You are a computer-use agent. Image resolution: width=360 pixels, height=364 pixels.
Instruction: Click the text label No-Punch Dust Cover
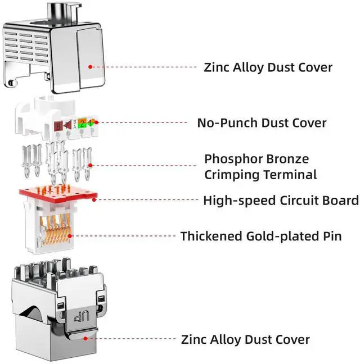[x=262, y=122]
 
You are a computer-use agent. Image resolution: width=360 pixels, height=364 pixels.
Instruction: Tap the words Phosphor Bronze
[x=256, y=159]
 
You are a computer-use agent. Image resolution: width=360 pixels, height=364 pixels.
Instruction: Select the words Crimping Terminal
[x=260, y=175]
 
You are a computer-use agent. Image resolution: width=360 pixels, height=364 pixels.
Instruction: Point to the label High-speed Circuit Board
[x=281, y=200]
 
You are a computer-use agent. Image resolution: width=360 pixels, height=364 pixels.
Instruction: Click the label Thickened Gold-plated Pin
[x=269, y=236]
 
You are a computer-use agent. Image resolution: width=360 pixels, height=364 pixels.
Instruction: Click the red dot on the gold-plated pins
[x=74, y=235]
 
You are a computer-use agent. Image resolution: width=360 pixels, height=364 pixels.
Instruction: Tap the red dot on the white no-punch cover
[x=96, y=122]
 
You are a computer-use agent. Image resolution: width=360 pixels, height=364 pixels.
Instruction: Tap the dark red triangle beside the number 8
[x=67, y=124]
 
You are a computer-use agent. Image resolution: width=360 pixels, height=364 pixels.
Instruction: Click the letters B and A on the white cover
[x=73, y=124]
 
